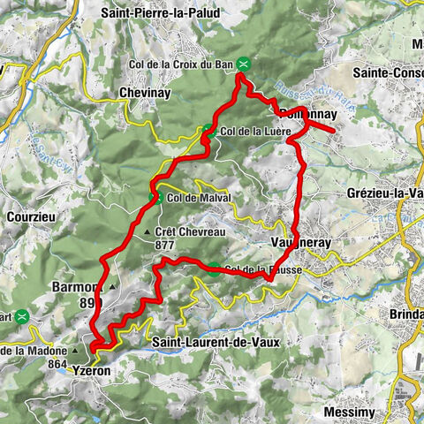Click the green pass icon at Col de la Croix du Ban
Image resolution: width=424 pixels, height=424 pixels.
coord(249,64)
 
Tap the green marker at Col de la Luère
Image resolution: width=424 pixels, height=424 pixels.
coord(208,132)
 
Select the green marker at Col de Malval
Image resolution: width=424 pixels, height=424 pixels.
coord(156,198)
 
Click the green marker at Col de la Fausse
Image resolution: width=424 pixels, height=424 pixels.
coord(214,270)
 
